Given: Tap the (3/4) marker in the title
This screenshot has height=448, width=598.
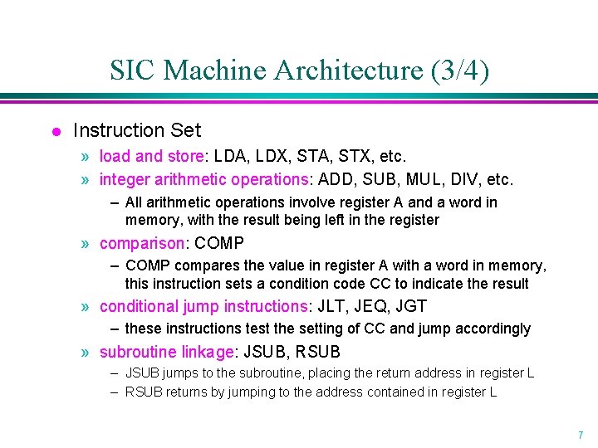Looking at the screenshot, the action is pos(459,71).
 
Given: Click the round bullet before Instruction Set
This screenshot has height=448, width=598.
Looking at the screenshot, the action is pos(55,132).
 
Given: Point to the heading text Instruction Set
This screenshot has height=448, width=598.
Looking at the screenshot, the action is pos(137,130).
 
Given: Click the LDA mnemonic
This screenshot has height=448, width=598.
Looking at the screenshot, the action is pos(228,156).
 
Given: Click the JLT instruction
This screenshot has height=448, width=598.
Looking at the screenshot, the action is pos(330,306).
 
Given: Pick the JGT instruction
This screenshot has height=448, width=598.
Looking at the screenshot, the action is pos(411,306).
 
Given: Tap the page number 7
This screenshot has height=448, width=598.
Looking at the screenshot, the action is pos(579,435).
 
